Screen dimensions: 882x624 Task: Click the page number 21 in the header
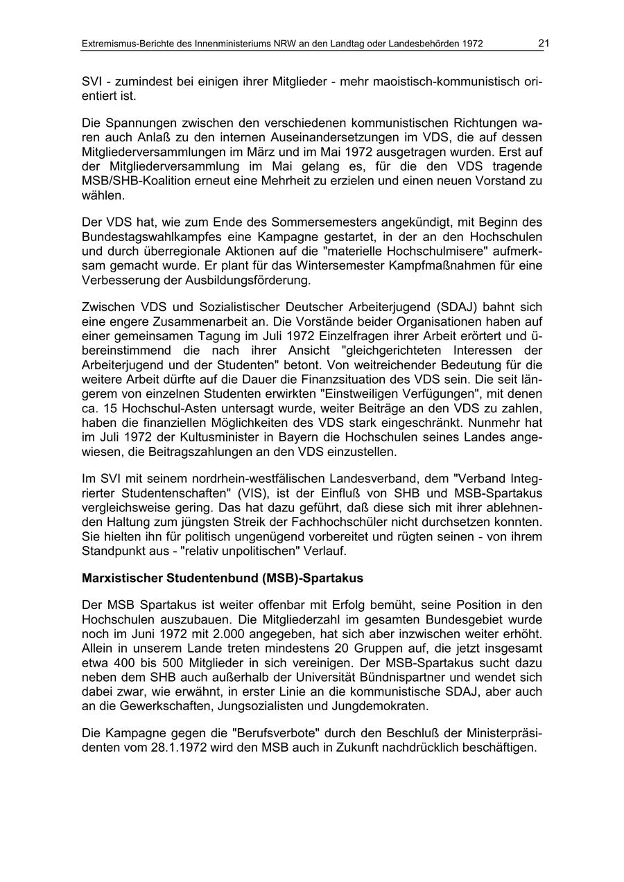pyautogui.click(x=544, y=44)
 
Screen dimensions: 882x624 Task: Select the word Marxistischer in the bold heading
pyautogui.click(x=121, y=578)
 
